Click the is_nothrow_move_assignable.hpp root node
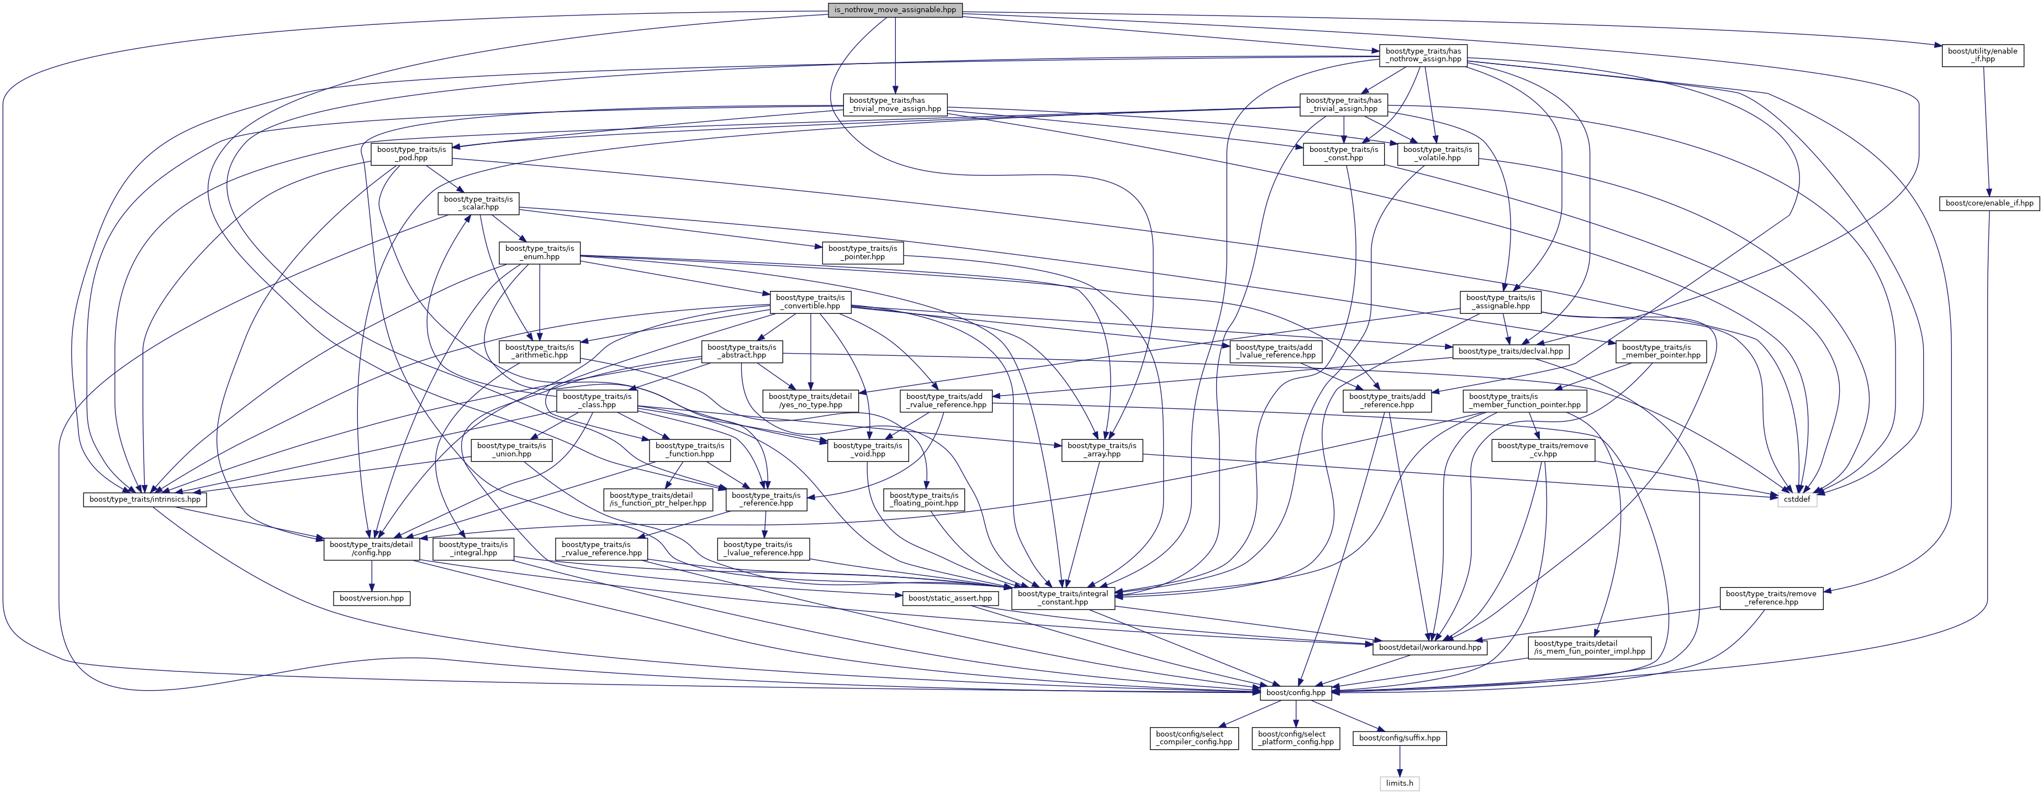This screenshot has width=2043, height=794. pos(895,9)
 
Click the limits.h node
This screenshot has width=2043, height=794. pos(1399,784)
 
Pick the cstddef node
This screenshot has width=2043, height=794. pos(1796,499)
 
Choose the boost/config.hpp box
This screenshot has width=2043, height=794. pos(1296,692)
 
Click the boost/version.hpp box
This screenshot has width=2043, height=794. pos(372,598)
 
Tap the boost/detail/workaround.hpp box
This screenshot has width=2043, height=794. pos(1430,647)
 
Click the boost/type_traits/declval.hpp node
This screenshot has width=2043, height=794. pos(1510,351)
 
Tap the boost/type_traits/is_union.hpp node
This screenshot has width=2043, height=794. pos(511,450)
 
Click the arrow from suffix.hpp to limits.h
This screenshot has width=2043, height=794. pos(1399,761)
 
